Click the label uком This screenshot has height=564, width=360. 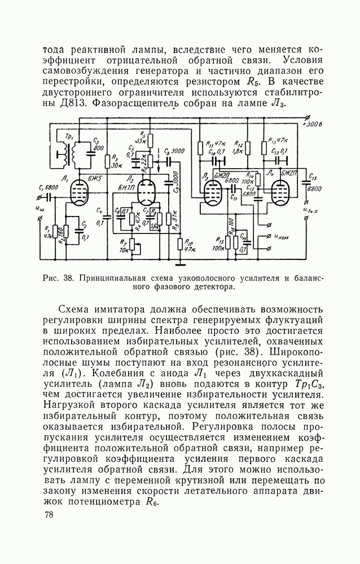[x=282, y=237]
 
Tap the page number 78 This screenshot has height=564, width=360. [x=49, y=515]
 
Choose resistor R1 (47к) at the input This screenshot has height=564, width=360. [x=55, y=231]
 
